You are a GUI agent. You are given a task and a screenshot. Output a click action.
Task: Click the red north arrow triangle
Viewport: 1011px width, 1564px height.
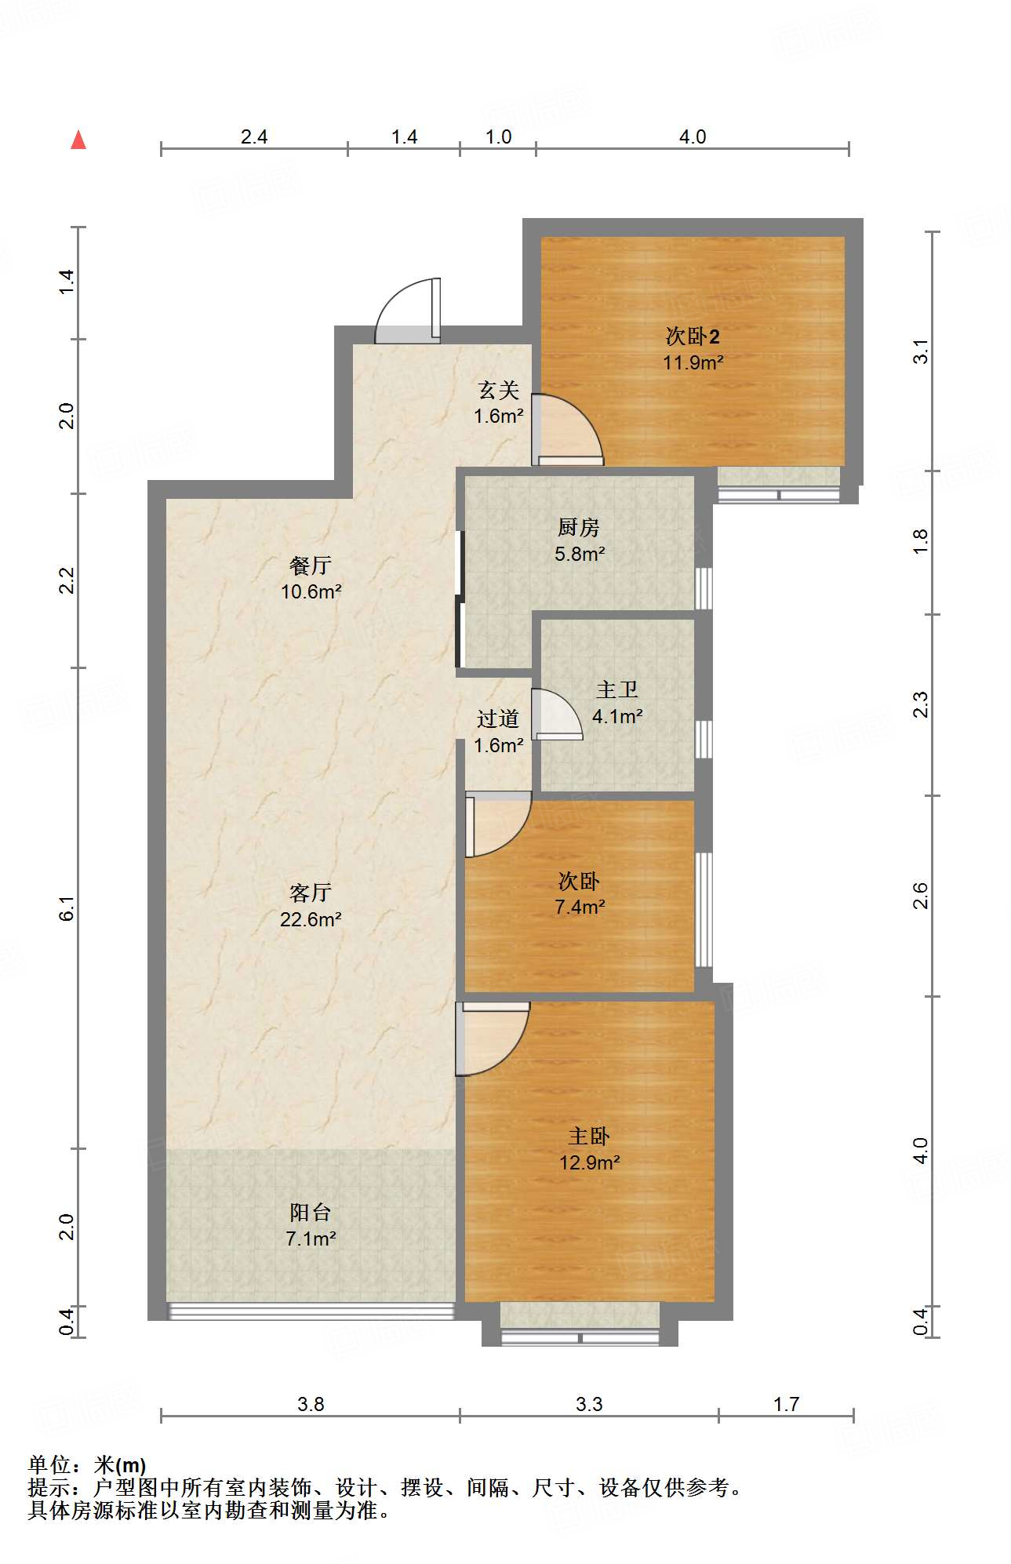click(x=78, y=140)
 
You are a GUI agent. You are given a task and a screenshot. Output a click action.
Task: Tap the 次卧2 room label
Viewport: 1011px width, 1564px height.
click(x=693, y=336)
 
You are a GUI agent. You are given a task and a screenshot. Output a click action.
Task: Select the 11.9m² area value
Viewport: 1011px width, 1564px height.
click(x=693, y=362)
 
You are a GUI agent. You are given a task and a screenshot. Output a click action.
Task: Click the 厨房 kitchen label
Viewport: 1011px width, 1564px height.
click(x=579, y=528)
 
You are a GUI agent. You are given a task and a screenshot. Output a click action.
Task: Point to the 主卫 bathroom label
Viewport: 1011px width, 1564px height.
click(x=616, y=690)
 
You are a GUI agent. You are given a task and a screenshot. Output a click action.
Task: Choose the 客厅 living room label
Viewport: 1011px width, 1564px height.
click(x=311, y=893)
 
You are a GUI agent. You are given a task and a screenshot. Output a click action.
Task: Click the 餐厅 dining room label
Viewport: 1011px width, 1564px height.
click(x=311, y=566)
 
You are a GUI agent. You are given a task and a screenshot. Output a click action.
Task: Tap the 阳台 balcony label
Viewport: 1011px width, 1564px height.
click(x=311, y=1213)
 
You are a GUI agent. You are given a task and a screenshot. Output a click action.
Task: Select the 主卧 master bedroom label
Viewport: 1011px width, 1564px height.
click(x=589, y=1137)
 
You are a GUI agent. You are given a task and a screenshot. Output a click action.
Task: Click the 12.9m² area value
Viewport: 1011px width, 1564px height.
click(x=589, y=1162)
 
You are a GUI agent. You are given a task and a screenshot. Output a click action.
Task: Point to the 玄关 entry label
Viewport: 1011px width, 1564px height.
click(x=499, y=390)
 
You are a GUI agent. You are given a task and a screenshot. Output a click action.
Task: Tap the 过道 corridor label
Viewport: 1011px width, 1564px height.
click(x=498, y=719)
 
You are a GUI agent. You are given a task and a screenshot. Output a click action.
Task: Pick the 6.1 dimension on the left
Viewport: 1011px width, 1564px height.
click(x=68, y=907)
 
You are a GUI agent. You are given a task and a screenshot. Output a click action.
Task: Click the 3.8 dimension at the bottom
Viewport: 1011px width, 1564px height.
click(x=311, y=1404)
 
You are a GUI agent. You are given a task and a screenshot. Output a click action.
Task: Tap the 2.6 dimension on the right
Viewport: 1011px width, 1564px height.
click(x=921, y=896)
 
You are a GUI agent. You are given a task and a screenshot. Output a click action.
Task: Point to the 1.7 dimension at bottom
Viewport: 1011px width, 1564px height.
click(x=786, y=1404)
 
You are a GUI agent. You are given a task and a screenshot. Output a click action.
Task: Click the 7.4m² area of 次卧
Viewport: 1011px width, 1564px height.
click(x=580, y=907)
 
